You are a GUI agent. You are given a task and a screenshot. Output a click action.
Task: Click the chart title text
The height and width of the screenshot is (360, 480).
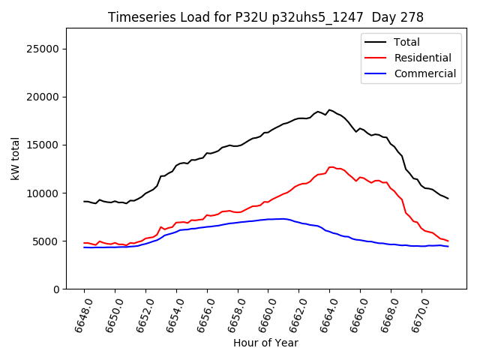(265, 17)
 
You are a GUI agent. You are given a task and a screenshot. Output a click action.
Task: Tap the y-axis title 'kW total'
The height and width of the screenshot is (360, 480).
(16, 158)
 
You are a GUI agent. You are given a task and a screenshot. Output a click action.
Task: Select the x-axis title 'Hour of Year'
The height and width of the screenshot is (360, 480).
(265, 343)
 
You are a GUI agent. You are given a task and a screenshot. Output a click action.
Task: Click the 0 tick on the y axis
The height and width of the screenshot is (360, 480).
(56, 289)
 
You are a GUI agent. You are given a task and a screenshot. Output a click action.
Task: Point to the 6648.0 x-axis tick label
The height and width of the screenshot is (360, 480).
(78, 313)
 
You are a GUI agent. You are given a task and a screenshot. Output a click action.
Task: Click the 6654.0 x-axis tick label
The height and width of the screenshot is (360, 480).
(170, 313)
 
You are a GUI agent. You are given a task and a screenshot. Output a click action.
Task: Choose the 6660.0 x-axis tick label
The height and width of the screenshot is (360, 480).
(262, 313)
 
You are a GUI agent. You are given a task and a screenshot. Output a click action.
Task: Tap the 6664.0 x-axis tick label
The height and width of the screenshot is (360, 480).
(324, 313)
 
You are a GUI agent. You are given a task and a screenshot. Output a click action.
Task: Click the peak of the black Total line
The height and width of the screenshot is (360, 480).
(328, 109)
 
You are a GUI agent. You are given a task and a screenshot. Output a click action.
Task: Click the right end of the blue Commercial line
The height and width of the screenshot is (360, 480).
(448, 247)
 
